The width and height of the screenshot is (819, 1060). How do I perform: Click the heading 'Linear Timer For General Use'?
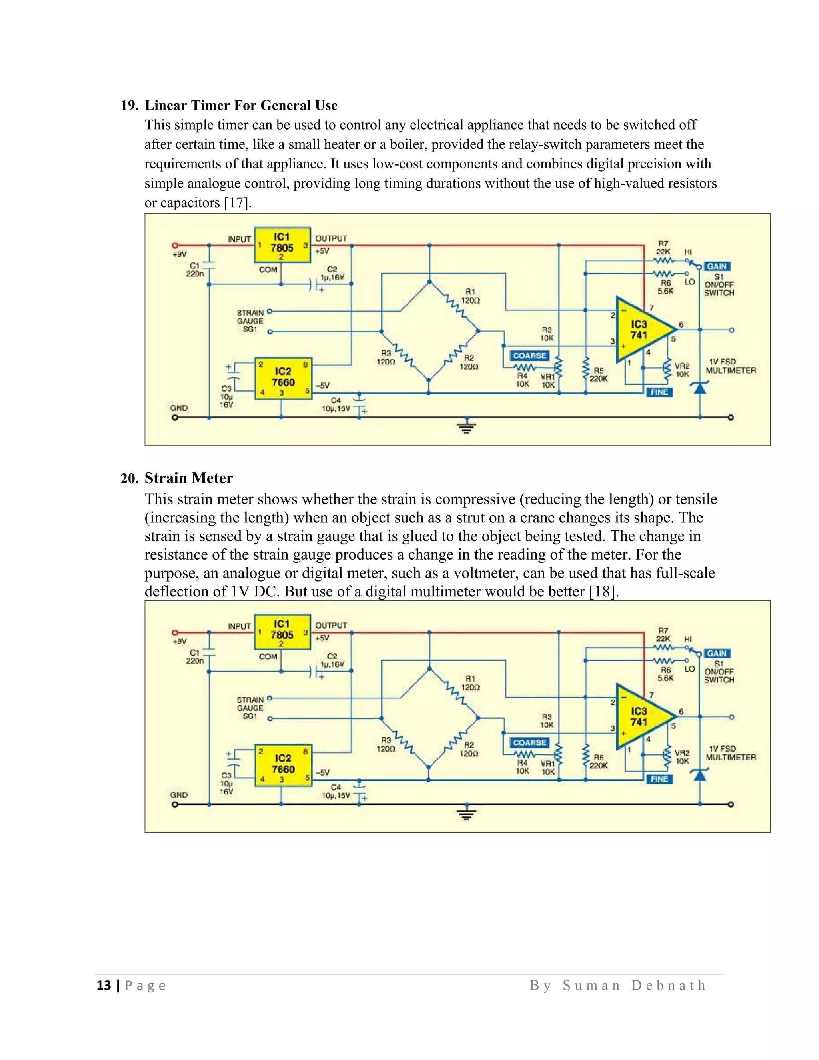[x=241, y=105]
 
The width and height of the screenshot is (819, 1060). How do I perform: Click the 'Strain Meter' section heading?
[x=188, y=478]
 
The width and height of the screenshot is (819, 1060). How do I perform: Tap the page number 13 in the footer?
[x=104, y=985]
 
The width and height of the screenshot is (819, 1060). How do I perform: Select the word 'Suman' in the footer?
[x=591, y=985]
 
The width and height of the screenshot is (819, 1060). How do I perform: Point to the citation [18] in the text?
[x=603, y=592]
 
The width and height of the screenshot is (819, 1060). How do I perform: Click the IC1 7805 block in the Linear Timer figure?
[x=282, y=245]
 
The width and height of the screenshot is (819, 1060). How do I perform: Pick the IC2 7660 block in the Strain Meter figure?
[x=283, y=764]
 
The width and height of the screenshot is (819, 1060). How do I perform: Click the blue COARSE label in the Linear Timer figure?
[x=529, y=356]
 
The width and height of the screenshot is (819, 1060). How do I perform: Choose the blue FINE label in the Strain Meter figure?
[x=659, y=779]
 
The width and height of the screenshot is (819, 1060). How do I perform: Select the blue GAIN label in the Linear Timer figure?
[x=717, y=266]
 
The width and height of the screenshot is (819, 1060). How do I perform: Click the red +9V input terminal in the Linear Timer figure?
[x=175, y=246]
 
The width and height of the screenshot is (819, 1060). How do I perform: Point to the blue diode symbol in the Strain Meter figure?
[x=700, y=775]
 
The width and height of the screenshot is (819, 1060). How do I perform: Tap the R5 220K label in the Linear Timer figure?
[x=599, y=375]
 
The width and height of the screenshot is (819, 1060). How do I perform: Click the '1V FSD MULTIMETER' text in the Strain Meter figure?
[x=730, y=753]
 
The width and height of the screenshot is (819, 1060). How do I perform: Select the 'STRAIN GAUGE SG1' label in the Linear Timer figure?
[x=250, y=321]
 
